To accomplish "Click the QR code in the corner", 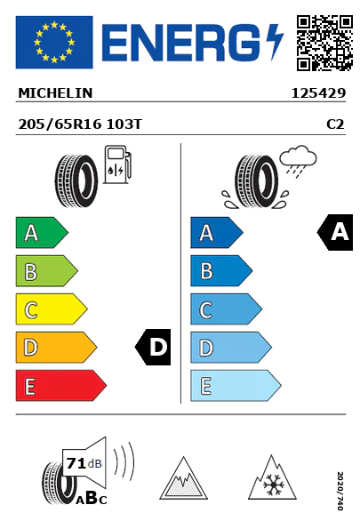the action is [324, 43].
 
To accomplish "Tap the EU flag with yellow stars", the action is [54, 42].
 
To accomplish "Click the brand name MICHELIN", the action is [55, 93].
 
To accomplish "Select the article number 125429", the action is [318, 93].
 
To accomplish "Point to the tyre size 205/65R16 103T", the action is [80, 124].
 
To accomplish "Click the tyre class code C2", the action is [335, 124].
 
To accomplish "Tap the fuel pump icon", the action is [117, 164].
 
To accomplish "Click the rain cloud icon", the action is [298, 160].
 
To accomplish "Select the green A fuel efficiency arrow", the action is [42, 232].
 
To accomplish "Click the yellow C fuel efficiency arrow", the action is [52, 309].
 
